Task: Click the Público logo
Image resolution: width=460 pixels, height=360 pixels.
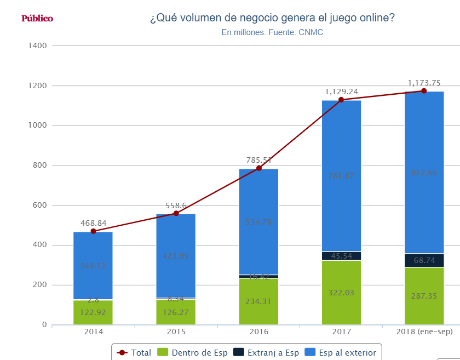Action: point(37,19)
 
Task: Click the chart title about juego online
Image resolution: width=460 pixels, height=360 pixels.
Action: point(272,18)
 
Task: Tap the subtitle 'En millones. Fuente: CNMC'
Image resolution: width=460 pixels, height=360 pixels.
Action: point(272,32)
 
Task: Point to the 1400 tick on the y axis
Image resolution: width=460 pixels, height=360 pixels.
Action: point(37,45)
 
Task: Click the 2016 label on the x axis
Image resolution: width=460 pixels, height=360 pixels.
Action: point(258,332)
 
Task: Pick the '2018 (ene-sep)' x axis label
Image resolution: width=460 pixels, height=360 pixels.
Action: point(424,332)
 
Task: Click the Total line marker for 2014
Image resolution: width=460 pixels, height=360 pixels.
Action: point(93,231)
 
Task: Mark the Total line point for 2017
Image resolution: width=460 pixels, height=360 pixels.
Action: point(341,100)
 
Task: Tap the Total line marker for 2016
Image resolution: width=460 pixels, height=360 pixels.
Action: point(258,168)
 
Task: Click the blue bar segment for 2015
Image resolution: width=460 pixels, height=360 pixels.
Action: point(176,255)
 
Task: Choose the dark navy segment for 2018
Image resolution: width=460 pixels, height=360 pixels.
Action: point(424,260)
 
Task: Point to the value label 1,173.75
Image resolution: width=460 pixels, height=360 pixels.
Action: point(424,83)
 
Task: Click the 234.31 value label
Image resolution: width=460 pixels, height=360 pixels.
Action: point(258,301)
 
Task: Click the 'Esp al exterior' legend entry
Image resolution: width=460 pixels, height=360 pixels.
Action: point(342,352)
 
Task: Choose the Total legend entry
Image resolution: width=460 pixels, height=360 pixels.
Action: point(134,352)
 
